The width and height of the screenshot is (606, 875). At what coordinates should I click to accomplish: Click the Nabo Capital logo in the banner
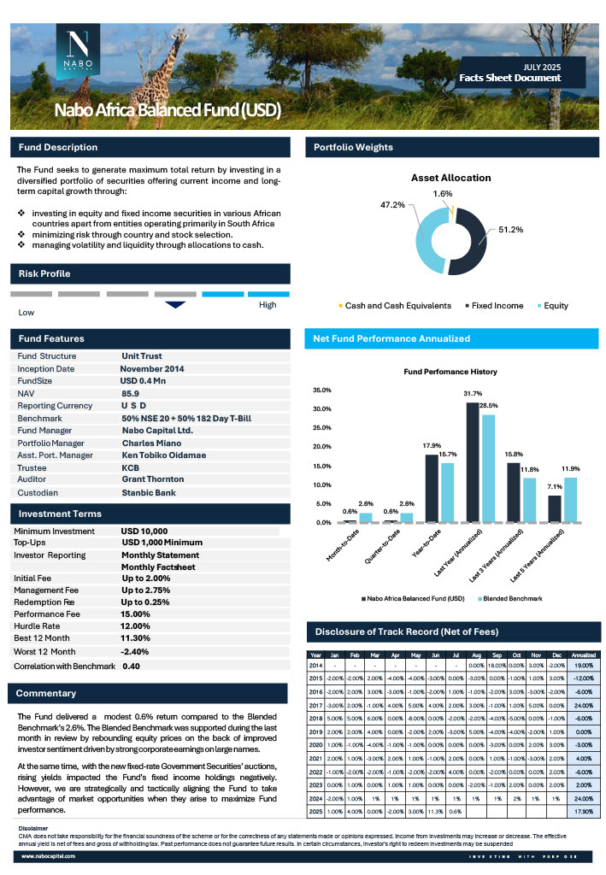[x=79, y=52]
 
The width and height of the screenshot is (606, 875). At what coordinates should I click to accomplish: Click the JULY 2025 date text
[x=542, y=67]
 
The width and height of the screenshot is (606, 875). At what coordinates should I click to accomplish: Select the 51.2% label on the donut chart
[x=510, y=230]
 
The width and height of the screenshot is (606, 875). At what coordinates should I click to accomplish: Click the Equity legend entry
[x=552, y=305]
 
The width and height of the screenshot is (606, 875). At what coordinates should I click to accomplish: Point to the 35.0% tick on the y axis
[x=324, y=390]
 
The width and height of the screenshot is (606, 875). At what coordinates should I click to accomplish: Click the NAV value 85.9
[x=130, y=392]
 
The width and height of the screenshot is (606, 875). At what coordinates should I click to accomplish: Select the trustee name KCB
[x=131, y=468]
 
